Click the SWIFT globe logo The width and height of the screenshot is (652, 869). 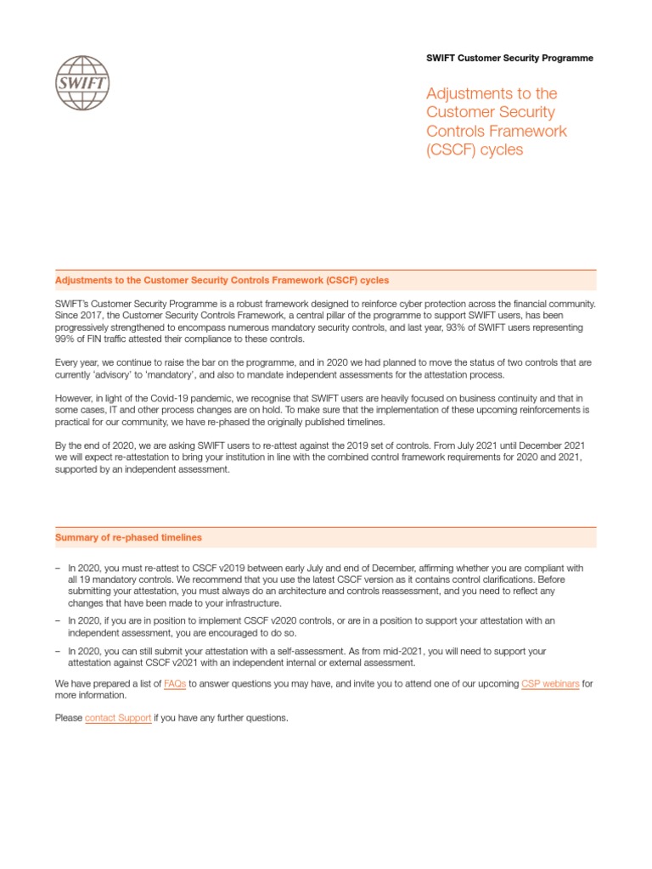pyautogui.click(x=81, y=82)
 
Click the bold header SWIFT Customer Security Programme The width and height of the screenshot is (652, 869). pyautogui.click(x=509, y=59)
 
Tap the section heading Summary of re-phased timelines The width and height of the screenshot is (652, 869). pyautogui.click(x=128, y=537)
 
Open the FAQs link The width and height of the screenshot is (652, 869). pyautogui.click(x=175, y=683)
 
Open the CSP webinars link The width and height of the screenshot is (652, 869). pyautogui.click(x=549, y=683)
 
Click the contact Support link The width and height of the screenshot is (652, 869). pyautogui.click(x=118, y=718)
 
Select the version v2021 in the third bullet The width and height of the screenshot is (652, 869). pyautogui.click(x=207, y=663)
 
